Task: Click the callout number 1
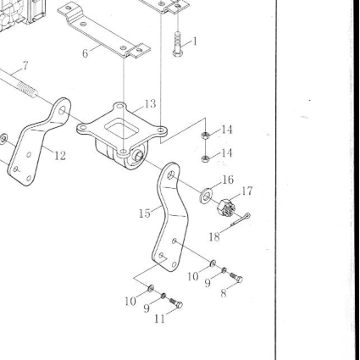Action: [x=195, y=42]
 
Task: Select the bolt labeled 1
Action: [x=178, y=44]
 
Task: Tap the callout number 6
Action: [x=86, y=53]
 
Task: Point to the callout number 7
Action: [x=25, y=66]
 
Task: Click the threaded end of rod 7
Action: [x=27, y=89]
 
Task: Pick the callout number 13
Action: [x=150, y=104]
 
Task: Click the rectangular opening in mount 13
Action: [x=122, y=127]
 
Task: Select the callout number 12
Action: [x=60, y=156]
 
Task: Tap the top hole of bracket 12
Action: [x=62, y=110]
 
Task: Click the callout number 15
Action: [x=145, y=213]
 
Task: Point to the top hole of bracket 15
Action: [x=171, y=175]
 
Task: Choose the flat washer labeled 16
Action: [x=207, y=195]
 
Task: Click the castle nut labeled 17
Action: [x=226, y=208]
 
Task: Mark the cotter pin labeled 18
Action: [x=241, y=219]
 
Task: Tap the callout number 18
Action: [x=214, y=236]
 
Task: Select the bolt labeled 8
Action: [x=236, y=277]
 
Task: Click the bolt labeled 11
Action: [x=176, y=303]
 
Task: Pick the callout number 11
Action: [x=159, y=318]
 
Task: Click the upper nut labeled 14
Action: [x=205, y=136]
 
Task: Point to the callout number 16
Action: [x=228, y=180]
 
